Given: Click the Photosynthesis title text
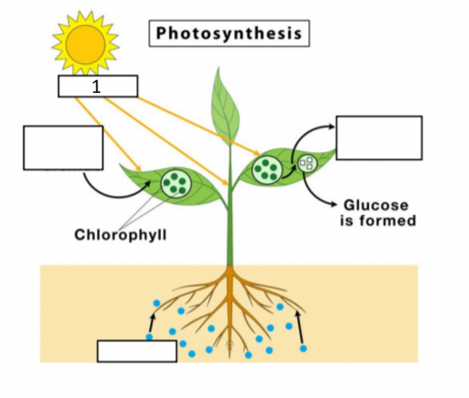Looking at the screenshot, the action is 229,33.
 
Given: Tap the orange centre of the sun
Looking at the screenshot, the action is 86,45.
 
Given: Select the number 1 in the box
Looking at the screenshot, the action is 96,87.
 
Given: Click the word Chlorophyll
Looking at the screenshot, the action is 121,235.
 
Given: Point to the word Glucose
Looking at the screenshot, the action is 376,205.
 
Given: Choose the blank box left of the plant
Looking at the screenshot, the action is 63,148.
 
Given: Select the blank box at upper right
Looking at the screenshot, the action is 380,137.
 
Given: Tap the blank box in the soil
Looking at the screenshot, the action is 137,352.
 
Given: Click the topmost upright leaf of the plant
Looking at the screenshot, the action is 225,108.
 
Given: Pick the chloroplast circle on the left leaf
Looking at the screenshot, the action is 176,183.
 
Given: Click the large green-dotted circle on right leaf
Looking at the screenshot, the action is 267,170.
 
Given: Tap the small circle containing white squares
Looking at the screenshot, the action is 307,163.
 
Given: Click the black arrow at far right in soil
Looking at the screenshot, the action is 299,328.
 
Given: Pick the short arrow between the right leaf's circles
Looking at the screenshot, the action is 289,174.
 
